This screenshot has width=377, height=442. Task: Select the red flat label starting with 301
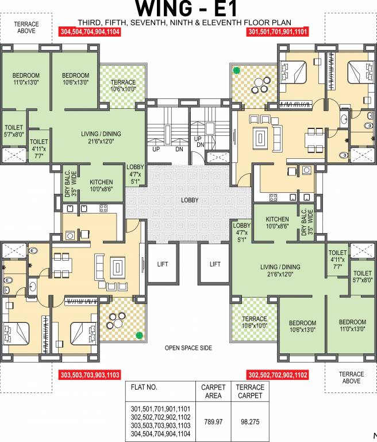point(278,33)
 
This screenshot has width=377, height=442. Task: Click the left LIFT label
point(163,264)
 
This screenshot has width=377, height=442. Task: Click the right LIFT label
point(215,264)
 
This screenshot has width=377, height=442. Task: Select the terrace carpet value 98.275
point(250,421)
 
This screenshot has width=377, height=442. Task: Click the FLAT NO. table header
point(144,387)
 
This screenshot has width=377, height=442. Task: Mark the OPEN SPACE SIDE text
point(188,348)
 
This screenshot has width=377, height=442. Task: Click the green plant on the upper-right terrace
point(236,71)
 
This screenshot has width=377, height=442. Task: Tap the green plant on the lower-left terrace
point(138,335)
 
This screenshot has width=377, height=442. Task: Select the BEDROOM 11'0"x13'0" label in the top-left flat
point(26,79)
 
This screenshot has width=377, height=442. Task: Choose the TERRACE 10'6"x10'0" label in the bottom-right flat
point(254,322)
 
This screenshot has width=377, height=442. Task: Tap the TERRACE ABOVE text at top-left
point(26,27)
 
